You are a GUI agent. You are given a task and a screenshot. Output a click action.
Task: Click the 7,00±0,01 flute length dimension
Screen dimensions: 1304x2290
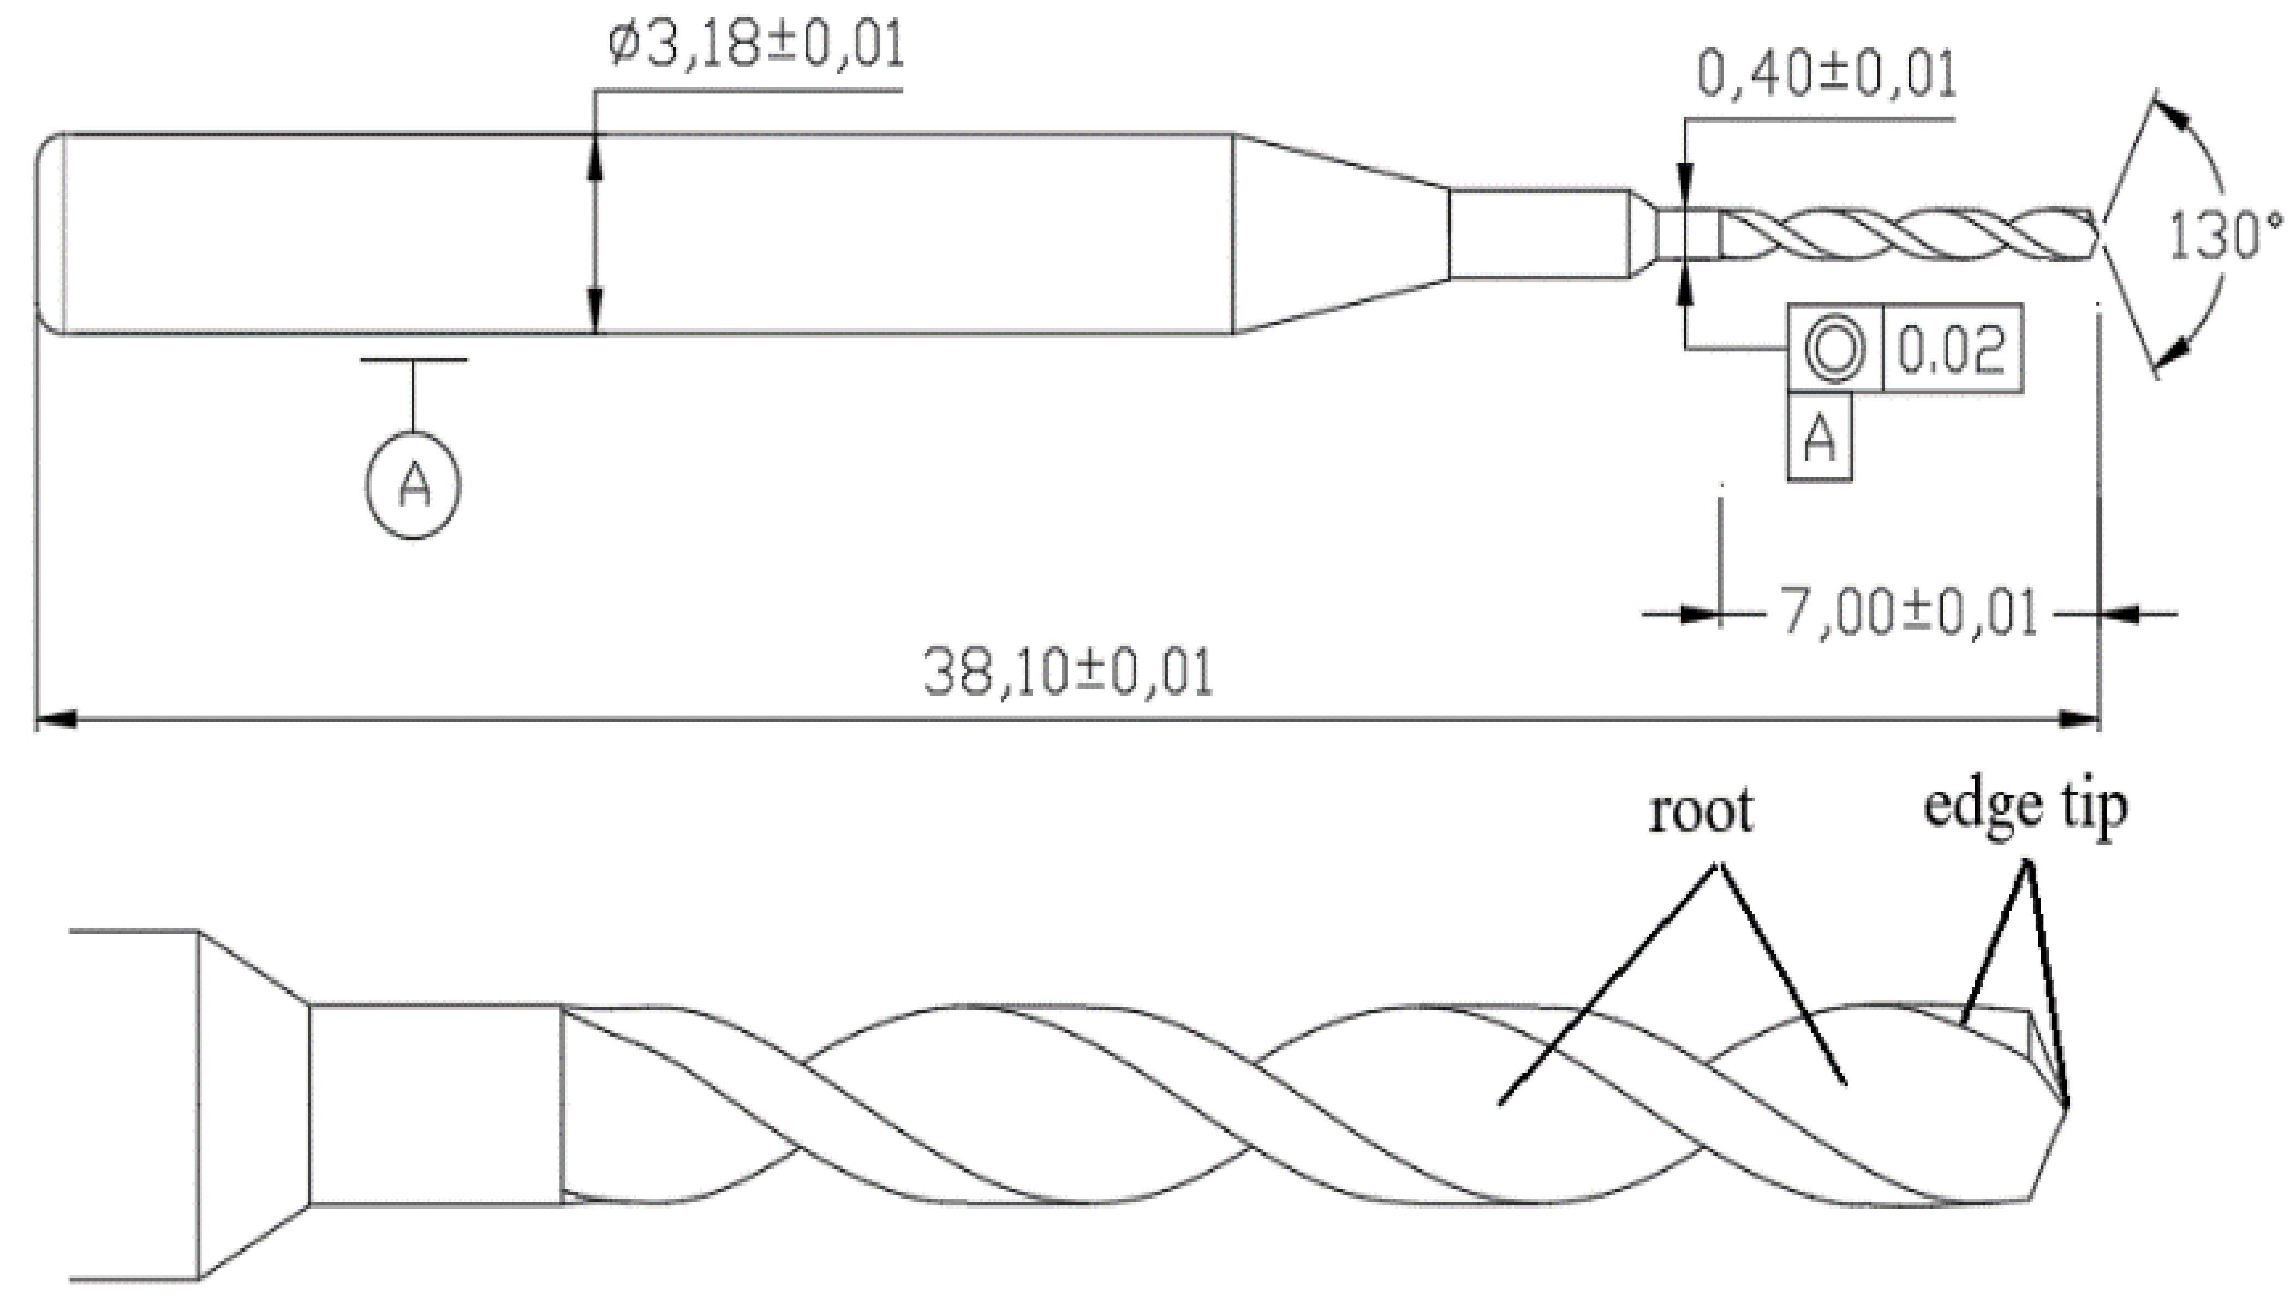coord(1907,613)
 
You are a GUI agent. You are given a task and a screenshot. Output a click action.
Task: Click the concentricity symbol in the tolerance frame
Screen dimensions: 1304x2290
coord(1835,349)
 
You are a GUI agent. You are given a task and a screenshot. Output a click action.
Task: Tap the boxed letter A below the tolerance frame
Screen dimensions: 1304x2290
coord(1819,439)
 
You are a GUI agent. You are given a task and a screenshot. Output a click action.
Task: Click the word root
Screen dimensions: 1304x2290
coord(1701,811)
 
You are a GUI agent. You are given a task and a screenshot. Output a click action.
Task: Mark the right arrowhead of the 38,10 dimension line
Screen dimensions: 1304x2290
coord(2079,718)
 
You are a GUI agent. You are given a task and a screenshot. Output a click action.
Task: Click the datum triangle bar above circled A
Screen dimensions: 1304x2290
coord(414,360)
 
